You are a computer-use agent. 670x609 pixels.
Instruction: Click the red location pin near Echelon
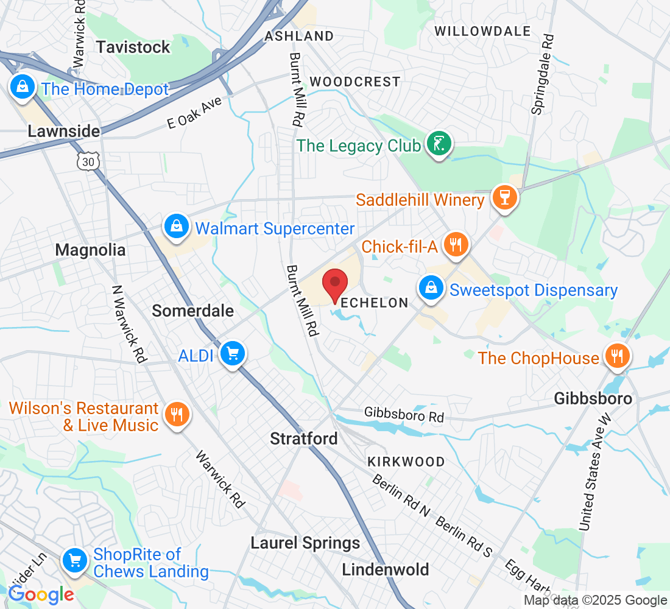pyautogui.click(x=334, y=284)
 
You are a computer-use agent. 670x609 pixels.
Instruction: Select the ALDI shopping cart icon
pyautogui.click(x=232, y=353)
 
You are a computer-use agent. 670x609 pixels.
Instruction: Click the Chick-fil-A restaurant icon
pyautogui.click(x=454, y=245)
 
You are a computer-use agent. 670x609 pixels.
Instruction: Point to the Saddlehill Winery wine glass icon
pyautogui.click(x=505, y=197)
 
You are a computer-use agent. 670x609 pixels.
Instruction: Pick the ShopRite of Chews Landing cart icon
pyautogui.click(x=75, y=559)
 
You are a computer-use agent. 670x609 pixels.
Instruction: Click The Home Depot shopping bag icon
pyautogui.click(x=22, y=87)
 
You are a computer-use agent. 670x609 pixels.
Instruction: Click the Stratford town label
pyautogui.click(x=303, y=438)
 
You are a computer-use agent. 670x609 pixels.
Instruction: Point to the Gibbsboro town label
pyautogui.click(x=593, y=399)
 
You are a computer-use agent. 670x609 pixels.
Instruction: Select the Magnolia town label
pyautogui.click(x=90, y=250)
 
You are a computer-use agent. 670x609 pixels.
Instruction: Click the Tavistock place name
pyautogui.click(x=133, y=48)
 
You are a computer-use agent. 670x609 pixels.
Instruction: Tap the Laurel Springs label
pyautogui.click(x=305, y=543)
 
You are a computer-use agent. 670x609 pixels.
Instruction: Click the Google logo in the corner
pyautogui.click(x=41, y=594)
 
